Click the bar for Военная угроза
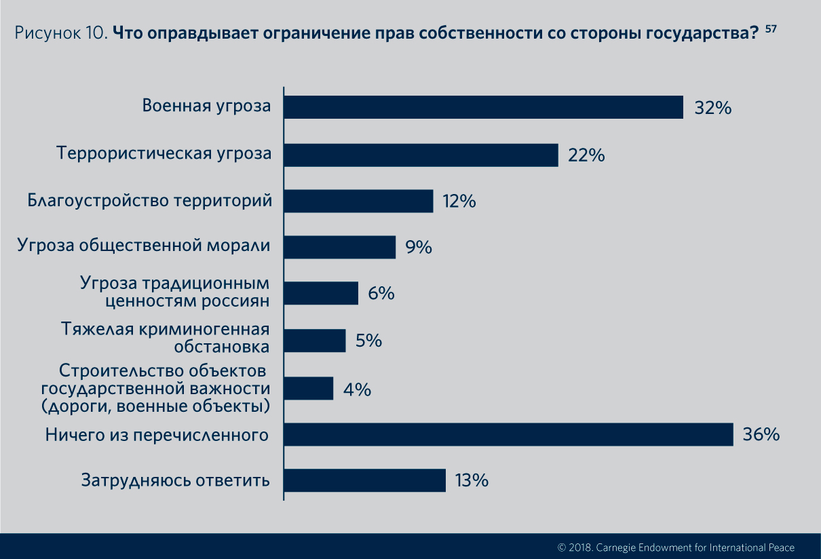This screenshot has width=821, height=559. [x=483, y=107]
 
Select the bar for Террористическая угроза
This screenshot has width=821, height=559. [x=421, y=155]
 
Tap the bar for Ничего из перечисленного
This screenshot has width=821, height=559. [x=508, y=435]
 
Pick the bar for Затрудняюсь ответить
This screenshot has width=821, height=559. [x=364, y=480]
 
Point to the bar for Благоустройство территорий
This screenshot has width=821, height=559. [x=358, y=201]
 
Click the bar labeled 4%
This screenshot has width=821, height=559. [x=309, y=389]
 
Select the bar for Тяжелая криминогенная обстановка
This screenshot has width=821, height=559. [x=315, y=341]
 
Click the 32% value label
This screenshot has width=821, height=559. [x=712, y=108]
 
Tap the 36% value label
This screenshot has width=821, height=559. [x=761, y=435]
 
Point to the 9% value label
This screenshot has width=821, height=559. [x=419, y=248]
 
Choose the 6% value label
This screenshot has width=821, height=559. [x=381, y=294]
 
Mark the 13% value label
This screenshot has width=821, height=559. [x=472, y=481]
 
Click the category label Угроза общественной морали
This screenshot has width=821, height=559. [x=144, y=246]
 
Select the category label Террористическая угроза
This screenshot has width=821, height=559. [x=164, y=153]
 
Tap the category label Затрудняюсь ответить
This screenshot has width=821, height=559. [x=176, y=480]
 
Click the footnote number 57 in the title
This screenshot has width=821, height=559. [x=771, y=29]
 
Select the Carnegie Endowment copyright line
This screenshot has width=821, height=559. [x=676, y=547]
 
